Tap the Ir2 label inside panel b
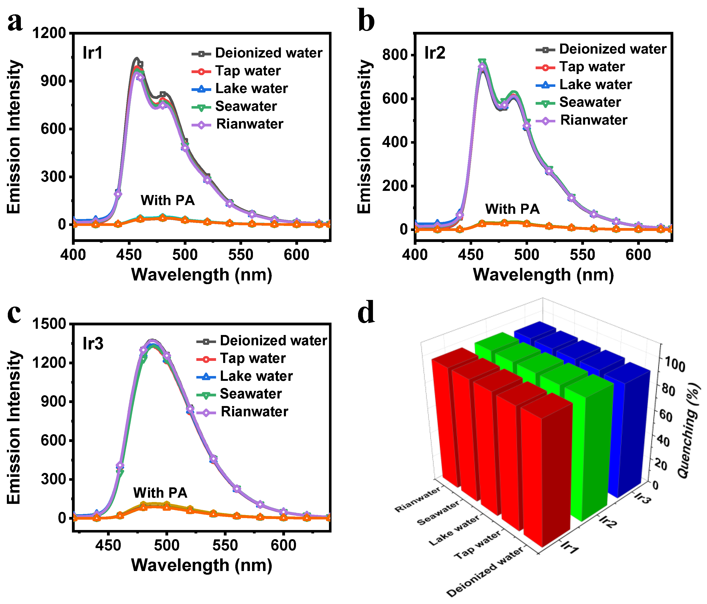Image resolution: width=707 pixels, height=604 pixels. pos(435,53)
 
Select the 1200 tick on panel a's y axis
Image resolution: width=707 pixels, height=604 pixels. pos(49,33)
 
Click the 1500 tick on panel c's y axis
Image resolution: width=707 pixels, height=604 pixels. pos(49,324)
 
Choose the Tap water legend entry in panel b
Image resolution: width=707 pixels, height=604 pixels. pos(592,66)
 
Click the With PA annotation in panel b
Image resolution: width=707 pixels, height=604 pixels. pos(512,209)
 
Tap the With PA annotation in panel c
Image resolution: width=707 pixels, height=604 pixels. pos(160,493)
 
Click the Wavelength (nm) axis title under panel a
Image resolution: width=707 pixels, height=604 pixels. pos(201,275)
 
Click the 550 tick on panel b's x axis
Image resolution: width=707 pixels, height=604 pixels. pos(582,255)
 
